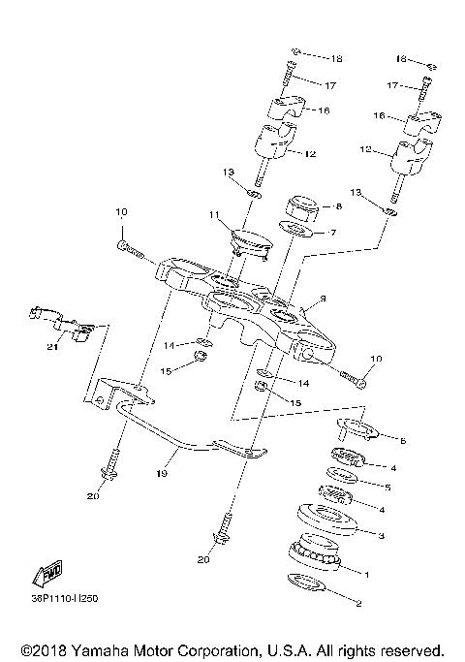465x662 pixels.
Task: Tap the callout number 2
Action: click(358, 604)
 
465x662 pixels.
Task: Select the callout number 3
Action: click(381, 534)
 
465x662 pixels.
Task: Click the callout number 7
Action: click(332, 233)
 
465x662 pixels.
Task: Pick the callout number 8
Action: click(339, 206)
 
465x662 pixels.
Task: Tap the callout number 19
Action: click(162, 474)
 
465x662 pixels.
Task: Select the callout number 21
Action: click(54, 347)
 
